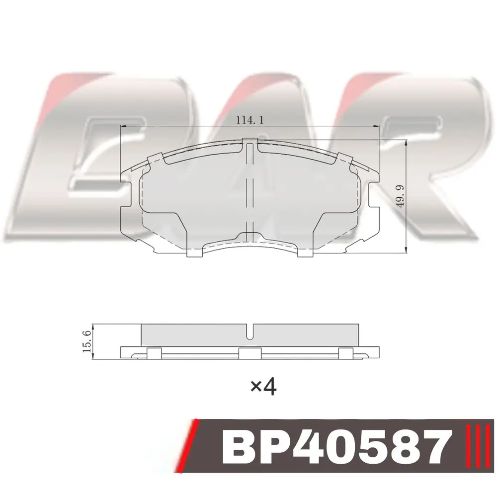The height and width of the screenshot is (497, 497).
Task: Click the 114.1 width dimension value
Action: [250, 120]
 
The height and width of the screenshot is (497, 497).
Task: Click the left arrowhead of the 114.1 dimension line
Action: [124, 126]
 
